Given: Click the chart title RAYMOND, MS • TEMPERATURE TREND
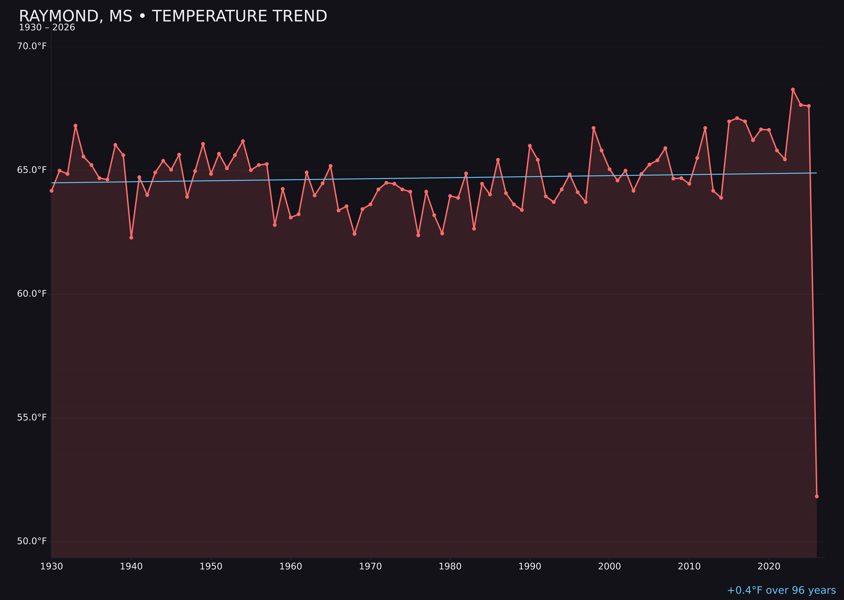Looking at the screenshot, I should [x=173, y=16].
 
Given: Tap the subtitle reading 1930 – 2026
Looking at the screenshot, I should [x=47, y=28].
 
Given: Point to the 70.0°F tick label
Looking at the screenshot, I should [x=32, y=46].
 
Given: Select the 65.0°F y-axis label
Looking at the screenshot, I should [x=32, y=170].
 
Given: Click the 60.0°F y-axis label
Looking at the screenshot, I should [x=32, y=294].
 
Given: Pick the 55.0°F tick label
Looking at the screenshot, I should [x=32, y=418].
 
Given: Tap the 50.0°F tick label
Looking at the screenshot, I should [x=32, y=541].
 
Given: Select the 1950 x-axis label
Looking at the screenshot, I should [x=211, y=566].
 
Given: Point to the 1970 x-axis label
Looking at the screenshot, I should [x=370, y=566].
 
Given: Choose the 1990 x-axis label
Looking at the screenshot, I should [x=530, y=566].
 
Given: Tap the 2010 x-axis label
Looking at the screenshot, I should [x=689, y=566].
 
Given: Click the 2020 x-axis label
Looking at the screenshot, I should [x=769, y=566].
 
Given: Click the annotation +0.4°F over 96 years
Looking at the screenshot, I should [x=781, y=590].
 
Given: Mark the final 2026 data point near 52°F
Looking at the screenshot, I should [x=817, y=497].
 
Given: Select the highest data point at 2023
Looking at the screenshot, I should [x=793, y=89].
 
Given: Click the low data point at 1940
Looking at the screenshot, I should [x=131, y=238].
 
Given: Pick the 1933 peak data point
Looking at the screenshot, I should [x=75, y=126].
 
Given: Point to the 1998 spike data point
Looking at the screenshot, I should [x=594, y=128].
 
